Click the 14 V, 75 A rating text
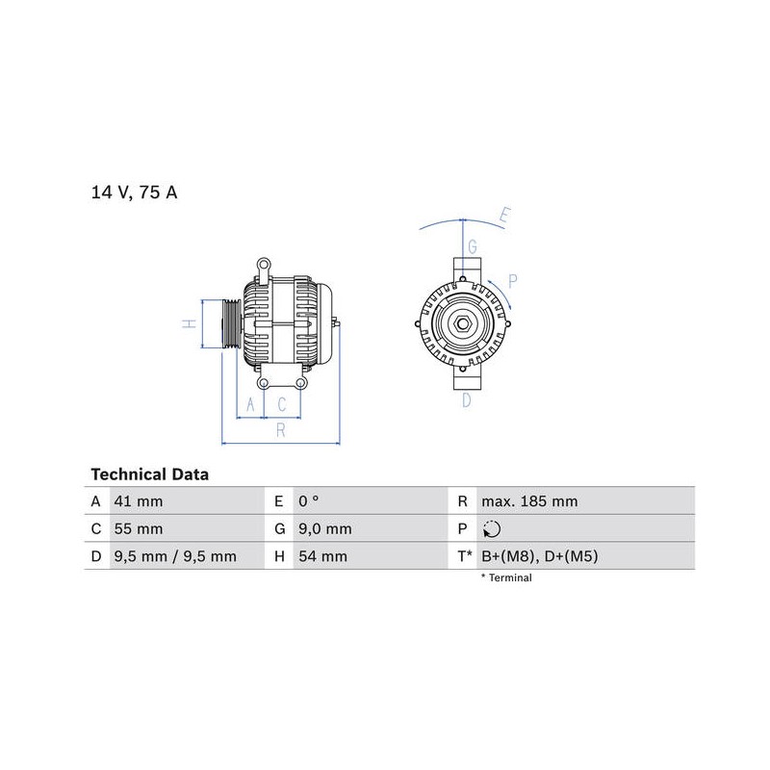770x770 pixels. tap(134, 192)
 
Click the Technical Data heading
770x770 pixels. tap(150, 475)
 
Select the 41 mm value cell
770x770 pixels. tap(138, 501)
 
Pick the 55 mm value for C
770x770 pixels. tap(138, 528)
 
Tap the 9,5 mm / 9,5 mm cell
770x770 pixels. tap(175, 556)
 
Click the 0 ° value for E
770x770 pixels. tap(308, 501)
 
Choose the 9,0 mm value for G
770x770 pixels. tap(325, 528)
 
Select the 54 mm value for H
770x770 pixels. tap(322, 556)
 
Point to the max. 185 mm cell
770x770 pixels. tap(529, 501)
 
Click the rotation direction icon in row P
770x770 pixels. tap(492, 529)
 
